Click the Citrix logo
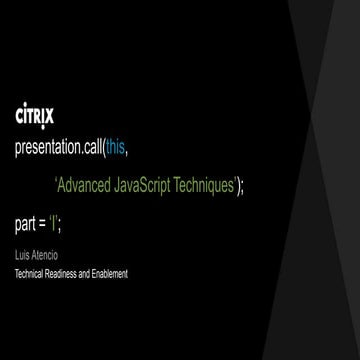[x=36, y=117]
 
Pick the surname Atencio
[x=44, y=256]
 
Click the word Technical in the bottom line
[x=31, y=272]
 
